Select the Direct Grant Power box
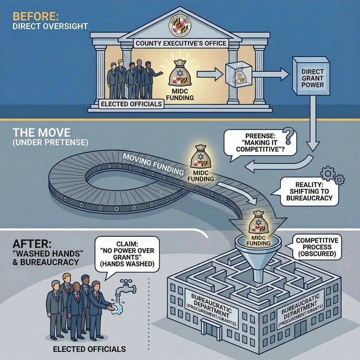click(x=313, y=77)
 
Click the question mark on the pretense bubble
click(x=289, y=135)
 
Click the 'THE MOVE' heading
click(x=41, y=133)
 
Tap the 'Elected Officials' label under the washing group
click(x=89, y=349)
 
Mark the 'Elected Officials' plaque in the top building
click(x=131, y=104)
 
